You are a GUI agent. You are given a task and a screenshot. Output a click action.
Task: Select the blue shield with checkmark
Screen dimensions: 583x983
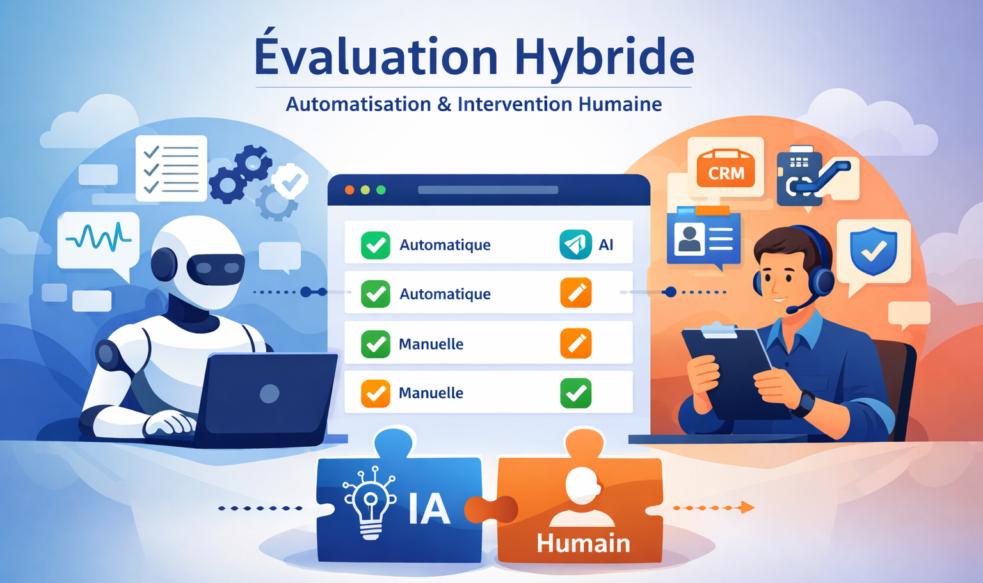coord(874,250)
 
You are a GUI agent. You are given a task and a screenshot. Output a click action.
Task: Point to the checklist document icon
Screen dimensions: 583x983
coord(171,168)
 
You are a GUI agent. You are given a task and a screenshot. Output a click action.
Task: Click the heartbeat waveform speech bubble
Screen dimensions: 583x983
coord(99,240)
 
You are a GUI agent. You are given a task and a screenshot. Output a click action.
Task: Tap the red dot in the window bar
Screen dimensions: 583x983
coord(349,190)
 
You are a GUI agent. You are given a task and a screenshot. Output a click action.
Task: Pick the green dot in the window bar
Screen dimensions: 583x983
coord(381,190)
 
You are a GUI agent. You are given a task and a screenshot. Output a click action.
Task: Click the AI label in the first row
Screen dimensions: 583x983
coord(605,245)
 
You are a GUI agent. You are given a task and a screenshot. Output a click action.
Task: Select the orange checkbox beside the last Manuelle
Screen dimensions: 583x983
coord(376,393)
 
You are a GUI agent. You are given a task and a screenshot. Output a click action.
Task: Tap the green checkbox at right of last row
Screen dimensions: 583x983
coord(576,393)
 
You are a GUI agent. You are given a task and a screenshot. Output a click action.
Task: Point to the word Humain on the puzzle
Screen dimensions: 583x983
coord(583,543)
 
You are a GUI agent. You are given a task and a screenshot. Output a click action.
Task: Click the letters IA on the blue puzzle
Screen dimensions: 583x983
coord(429,509)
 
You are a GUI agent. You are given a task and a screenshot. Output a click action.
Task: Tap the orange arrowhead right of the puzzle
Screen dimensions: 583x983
coord(747,508)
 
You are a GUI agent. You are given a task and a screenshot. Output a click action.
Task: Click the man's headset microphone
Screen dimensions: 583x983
coord(792,310)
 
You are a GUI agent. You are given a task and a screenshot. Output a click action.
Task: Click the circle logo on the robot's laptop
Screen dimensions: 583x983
coord(269,394)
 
